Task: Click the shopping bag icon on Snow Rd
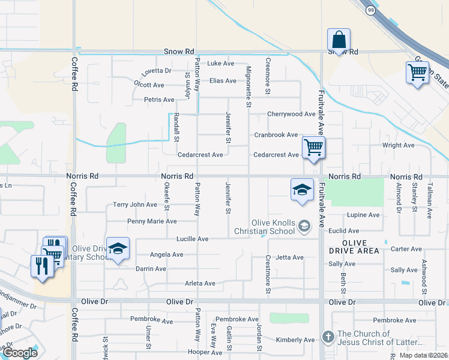click(x=339, y=40)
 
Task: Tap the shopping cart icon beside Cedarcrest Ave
click(x=314, y=147)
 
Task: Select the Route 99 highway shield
click(x=370, y=11)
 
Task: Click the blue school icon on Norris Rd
click(x=302, y=190)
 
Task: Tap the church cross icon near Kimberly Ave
click(x=328, y=337)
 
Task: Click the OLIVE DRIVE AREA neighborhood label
click(x=354, y=246)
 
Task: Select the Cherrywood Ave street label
click(x=291, y=114)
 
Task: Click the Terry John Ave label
click(x=135, y=205)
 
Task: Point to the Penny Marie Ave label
click(x=152, y=221)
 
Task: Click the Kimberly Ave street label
click(x=295, y=340)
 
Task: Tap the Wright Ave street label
click(x=399, y=145)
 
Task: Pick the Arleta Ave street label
click(x=200, y=283)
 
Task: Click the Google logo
click(x=20, y=353)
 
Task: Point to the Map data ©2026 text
click(x=423, y=355)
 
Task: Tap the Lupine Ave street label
click(x=363, y=215)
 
